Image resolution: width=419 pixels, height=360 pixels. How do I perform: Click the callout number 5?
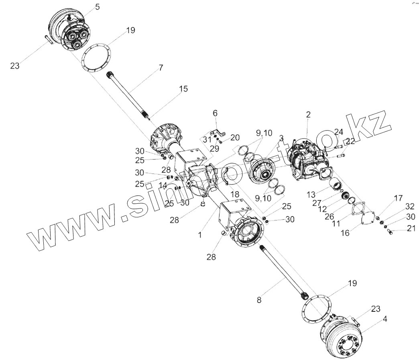98,7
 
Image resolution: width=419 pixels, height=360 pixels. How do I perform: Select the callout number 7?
161,68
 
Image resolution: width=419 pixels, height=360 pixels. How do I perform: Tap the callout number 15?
183,89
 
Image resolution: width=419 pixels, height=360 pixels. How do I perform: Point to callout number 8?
259,299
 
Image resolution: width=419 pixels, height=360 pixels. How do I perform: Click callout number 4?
385,319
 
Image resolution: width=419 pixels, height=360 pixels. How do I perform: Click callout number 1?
200,235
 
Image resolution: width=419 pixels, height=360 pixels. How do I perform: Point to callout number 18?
235,194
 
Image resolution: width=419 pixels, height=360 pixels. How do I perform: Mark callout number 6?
215,114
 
